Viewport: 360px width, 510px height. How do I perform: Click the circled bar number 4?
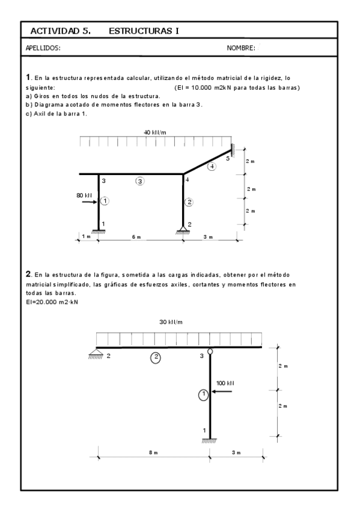[x=211, y=166]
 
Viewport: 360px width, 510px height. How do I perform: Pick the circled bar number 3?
[x=140, y=181]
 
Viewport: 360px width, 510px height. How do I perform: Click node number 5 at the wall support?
[x=228, y=159]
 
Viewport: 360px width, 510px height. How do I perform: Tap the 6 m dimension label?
[x=136, y=237]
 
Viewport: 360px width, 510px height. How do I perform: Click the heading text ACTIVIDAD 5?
[x=60, y=31]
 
